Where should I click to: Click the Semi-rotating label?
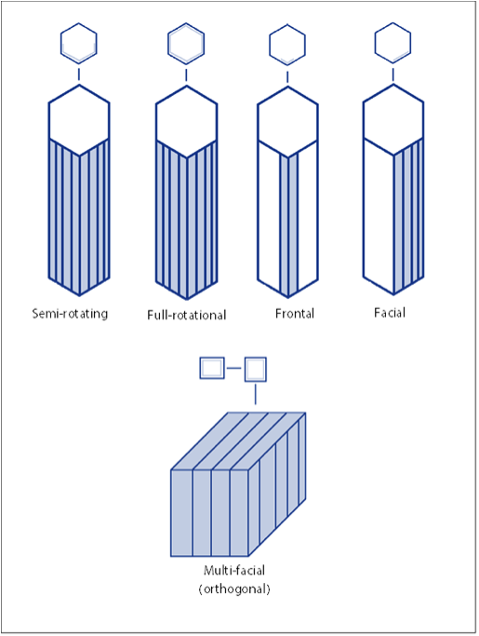[70, 314]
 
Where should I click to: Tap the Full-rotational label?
[186, 315]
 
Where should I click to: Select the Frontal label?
[295, 314]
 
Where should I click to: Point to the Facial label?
[390, 313]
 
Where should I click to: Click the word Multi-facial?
[234, 571]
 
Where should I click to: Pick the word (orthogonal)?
[234, 589]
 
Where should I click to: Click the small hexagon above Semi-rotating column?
[79, 43]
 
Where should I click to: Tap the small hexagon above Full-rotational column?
[186, 43]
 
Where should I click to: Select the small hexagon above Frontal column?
[287, 43]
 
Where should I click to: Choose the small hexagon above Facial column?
[393, 43]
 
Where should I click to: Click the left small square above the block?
[212, 369]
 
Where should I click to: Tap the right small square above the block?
[256, 369]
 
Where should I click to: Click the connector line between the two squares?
[233, 369]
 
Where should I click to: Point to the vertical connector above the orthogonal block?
[255, 394]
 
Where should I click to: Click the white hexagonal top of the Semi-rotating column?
[79, 120]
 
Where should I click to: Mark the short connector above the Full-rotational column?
[186, 75]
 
